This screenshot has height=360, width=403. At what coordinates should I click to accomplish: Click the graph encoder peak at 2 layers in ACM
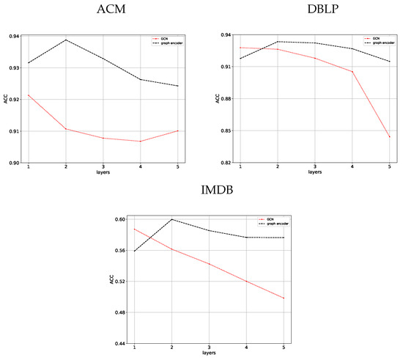[66, 40]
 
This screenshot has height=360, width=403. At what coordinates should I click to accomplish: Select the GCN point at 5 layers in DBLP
[389, 137]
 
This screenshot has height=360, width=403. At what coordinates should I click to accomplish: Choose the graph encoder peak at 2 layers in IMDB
[171, 219]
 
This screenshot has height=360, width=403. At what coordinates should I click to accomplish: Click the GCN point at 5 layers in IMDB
[283, 298]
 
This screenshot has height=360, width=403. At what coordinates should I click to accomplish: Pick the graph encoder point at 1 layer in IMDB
[134, 251]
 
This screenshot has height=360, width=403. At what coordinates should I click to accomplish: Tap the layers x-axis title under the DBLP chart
[314, 172]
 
